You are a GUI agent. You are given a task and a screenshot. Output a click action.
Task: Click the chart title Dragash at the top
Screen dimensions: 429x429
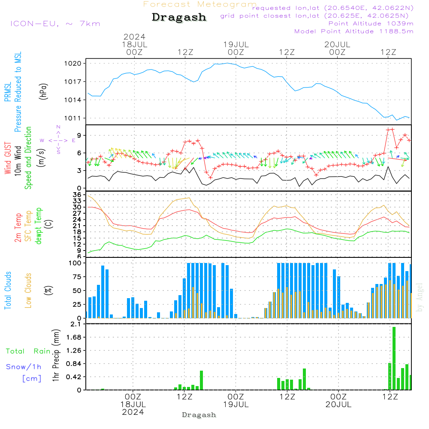179,17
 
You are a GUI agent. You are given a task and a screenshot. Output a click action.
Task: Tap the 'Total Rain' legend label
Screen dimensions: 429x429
28,351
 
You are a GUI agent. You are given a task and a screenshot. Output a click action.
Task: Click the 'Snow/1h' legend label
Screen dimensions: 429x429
24,367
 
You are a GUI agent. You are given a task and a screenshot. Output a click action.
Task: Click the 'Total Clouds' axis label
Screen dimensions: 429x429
8,290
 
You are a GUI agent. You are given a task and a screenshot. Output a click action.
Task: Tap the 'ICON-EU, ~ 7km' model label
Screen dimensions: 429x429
55,24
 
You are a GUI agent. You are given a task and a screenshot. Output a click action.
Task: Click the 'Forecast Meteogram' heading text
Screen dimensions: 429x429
200,4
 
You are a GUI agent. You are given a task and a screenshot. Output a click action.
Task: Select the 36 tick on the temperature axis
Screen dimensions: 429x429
77,195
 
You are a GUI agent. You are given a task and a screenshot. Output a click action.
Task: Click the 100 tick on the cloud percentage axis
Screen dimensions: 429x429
76,263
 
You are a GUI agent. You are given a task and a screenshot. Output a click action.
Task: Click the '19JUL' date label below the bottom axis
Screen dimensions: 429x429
236,405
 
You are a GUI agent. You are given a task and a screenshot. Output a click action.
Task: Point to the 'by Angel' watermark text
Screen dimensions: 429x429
420,297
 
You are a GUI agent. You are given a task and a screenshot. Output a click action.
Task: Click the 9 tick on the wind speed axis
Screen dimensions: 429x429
79,136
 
